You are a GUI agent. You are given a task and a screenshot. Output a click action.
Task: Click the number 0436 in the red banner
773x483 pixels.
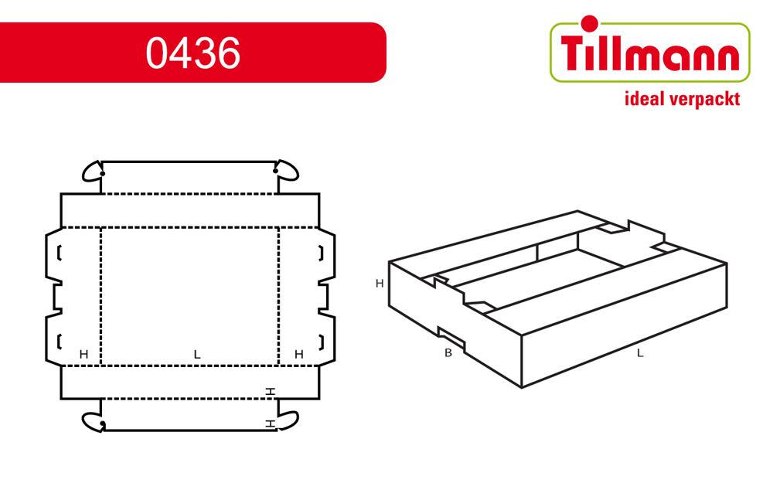tap(192, 53)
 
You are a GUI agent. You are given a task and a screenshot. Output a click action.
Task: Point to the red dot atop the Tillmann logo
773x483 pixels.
tap(589, 23)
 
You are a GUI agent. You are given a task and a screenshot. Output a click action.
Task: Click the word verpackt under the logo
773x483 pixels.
tap(704, 100)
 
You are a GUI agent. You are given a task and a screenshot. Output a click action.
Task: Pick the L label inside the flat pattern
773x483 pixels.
tap(197, 355)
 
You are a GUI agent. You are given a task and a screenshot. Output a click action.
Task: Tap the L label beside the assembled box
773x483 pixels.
tap(640, 353)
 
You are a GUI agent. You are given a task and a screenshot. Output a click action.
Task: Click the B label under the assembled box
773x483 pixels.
tap(448, 353)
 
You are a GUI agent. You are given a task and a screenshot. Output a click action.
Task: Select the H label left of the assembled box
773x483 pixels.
tap(380, 284)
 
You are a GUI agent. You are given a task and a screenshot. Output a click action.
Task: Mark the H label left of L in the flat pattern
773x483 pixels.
tap(83, 355)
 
